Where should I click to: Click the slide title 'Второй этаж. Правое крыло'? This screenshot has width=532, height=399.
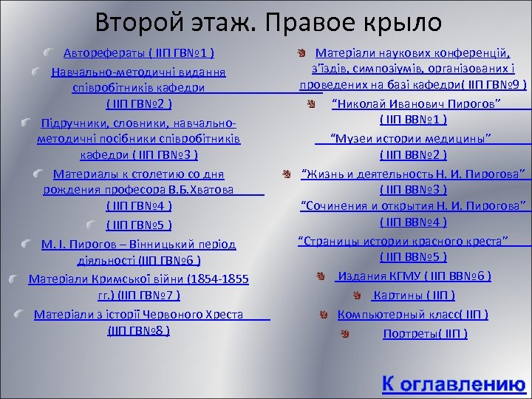coord(268,22)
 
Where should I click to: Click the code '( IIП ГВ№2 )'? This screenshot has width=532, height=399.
coord(139,103)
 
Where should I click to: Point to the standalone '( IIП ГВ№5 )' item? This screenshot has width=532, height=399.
coord(139,225)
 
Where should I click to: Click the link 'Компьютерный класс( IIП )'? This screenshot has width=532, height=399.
coord(412,314)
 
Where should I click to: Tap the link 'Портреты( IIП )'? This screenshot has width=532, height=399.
coord(424,333)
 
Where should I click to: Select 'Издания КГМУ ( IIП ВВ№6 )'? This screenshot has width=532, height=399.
coord(413,276)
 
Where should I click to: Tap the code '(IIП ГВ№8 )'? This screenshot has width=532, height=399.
coord(139,330)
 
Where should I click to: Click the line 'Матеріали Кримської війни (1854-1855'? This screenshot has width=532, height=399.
coord(138,279)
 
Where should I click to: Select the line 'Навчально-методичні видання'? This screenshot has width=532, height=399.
coord(138,72)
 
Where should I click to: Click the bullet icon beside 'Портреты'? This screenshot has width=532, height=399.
coord(344,333)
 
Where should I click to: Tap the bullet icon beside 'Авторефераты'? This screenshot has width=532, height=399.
coord(48,53)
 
